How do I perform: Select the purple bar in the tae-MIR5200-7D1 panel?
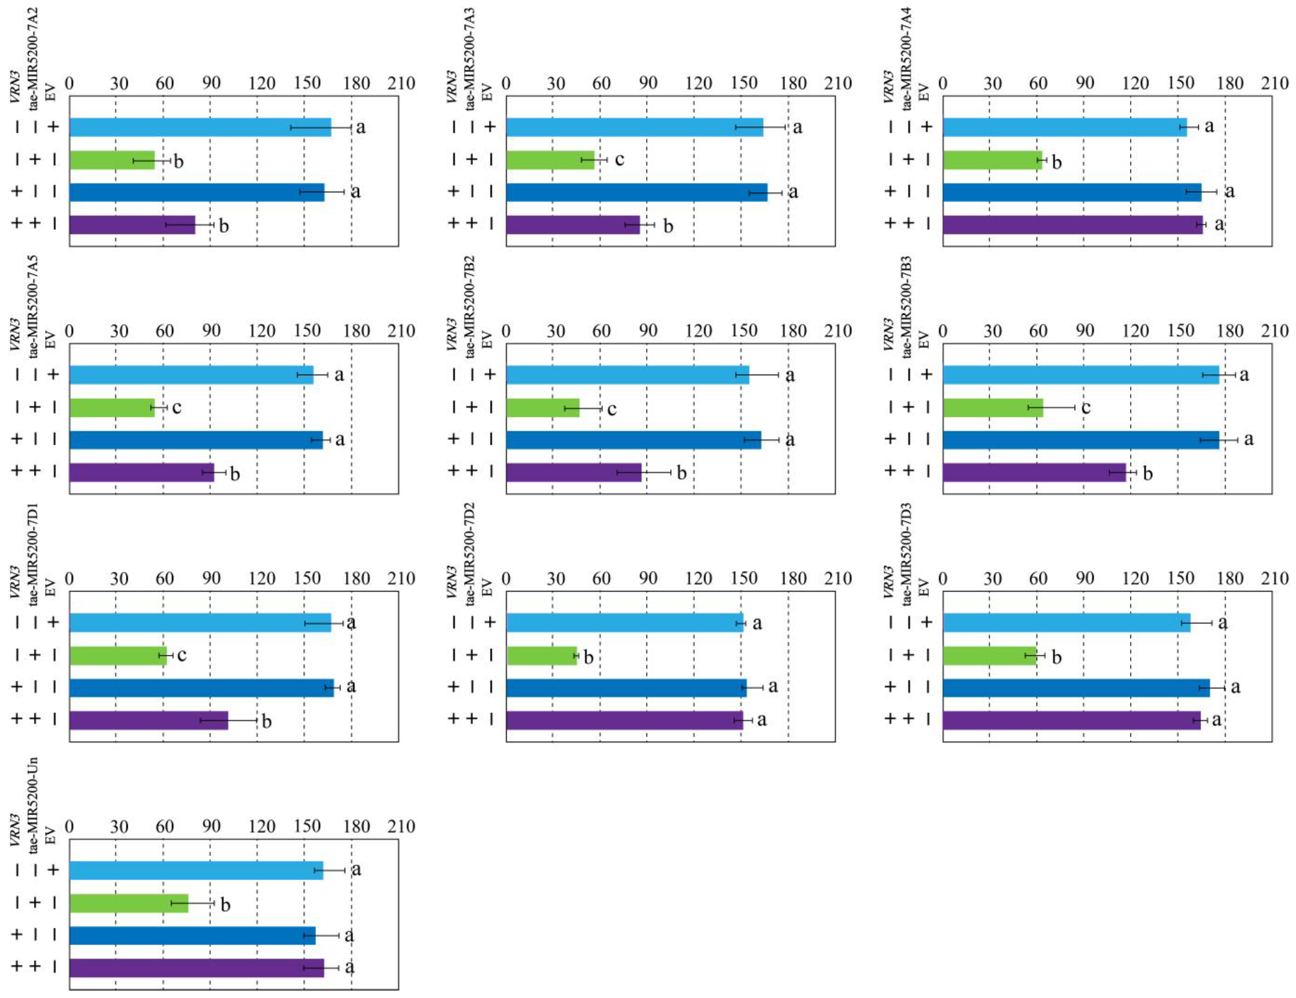coord(148,720)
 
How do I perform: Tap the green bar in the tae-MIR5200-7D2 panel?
coord(541,655)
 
